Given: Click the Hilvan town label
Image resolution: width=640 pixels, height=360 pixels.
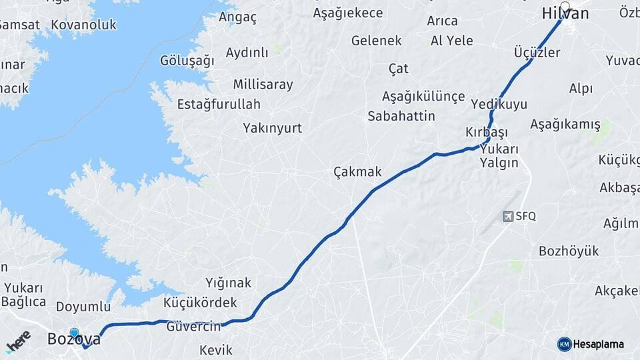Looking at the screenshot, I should tap(565, 14).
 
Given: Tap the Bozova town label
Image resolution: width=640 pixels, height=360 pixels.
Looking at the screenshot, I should tap(74, 339).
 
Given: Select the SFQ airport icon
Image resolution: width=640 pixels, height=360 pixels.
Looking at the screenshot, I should tap(508, 217).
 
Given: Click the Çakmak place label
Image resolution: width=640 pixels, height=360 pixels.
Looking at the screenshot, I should tap(357, 172).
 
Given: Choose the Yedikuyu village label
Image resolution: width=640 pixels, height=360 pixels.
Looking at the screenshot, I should tap(499, 104).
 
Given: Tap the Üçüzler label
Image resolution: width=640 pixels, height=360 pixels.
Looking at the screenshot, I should tap(537, 52).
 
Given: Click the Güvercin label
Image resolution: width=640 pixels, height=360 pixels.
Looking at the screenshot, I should tap(193, 327).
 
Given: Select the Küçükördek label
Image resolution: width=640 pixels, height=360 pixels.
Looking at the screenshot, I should tap(200, 303).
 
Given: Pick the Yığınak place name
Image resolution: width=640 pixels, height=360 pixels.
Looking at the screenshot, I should tap(229, 283).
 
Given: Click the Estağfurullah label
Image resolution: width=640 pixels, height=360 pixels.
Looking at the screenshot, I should tap(219, 104).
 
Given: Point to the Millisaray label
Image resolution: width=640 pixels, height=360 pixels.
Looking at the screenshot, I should tap(263, 85).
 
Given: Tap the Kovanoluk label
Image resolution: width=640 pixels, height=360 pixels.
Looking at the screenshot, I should tap(83, 25).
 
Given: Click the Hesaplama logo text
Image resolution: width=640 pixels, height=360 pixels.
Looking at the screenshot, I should tap(599, 344).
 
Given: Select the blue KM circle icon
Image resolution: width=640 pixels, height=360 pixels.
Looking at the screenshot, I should tap(565, 344).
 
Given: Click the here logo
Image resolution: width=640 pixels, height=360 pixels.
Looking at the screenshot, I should tap(18, 341).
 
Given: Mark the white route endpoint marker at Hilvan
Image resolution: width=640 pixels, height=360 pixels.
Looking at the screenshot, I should tap(565, 7).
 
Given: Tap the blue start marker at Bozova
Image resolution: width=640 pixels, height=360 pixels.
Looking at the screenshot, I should tap(74, 331).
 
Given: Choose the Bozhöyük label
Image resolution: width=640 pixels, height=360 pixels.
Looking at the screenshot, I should tap(569, 251).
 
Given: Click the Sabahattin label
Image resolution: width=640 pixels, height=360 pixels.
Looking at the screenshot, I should tap(401, 116).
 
